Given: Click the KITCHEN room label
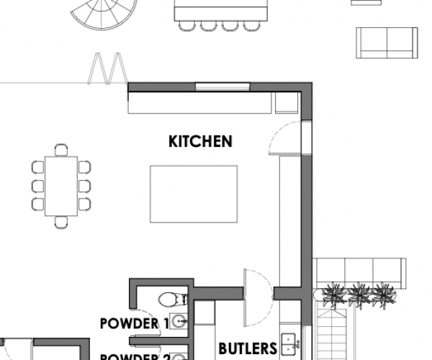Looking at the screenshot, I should coord(200,141).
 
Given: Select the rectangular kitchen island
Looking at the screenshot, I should coord(193,194).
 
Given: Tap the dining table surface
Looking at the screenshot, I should coord(62,185).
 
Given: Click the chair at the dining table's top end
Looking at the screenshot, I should coord(61,150).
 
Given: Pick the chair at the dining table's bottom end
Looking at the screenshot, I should coord(62,222).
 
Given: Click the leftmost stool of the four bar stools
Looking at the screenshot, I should coord(186,27).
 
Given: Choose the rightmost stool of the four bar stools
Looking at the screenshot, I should coord(251,27).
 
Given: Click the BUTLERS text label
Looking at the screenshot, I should coord(247,348).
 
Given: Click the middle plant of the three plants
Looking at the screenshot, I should coord(358,294).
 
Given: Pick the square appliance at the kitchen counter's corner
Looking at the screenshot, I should coord(285,104).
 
